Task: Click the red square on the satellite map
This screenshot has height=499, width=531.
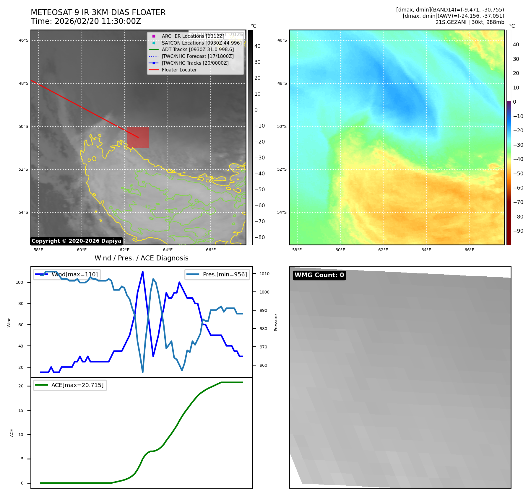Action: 138,137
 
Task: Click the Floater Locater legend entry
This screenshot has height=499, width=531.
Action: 179,70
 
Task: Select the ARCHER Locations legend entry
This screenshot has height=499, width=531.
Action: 193,36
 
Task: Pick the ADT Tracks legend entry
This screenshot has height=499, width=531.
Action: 198,49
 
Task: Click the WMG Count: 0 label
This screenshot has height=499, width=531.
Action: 319,275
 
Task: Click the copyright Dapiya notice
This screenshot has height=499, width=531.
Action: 76,241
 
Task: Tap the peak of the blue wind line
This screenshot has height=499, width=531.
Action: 143,272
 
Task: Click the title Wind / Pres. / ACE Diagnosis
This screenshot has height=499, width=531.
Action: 141,258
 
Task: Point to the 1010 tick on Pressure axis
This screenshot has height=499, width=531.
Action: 264,274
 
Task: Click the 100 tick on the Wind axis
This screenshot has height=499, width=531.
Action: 20,282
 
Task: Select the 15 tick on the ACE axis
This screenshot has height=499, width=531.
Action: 21,410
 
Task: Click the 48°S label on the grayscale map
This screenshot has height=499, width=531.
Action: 24,83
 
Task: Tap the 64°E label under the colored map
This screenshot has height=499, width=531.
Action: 426,250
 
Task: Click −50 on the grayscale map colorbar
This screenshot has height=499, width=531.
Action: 260,190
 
